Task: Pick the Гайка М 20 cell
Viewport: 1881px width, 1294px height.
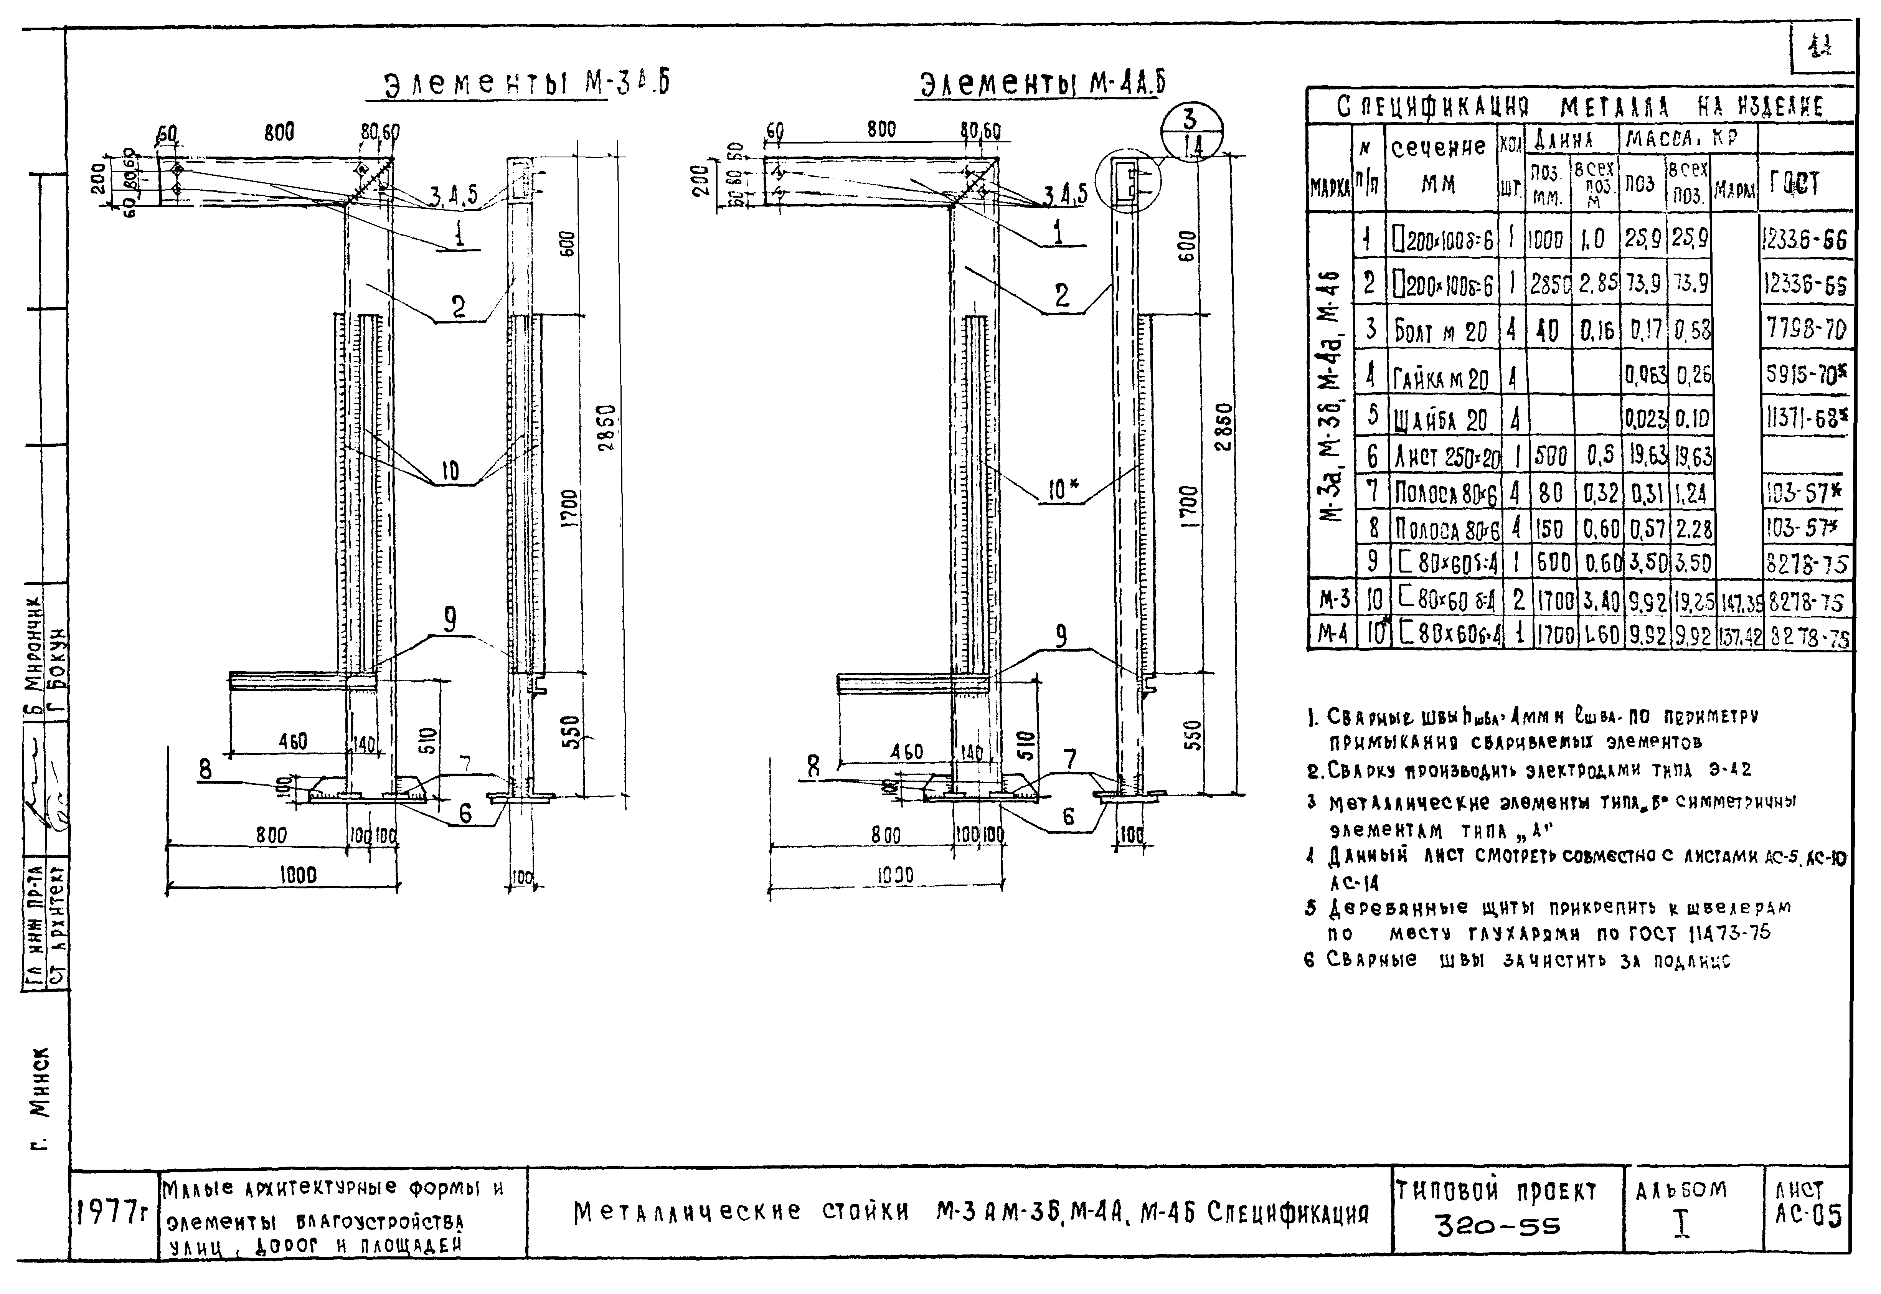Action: point(1440,378)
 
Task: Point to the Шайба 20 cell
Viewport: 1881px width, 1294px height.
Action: point(1440,418)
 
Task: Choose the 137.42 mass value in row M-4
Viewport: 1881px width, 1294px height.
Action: point(1737,638)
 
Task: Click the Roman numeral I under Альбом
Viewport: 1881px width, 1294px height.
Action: point(1682,1224)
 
